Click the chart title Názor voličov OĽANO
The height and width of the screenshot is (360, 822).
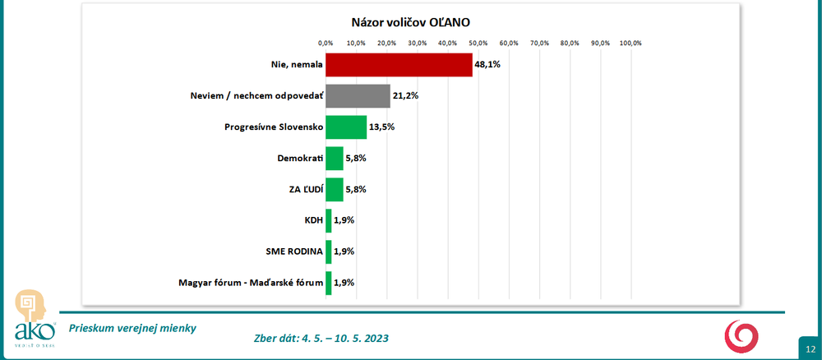[x=411, y=21]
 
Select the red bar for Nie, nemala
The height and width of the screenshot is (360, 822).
[x=399, y=65]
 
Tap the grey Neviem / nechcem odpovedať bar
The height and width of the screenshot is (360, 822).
[x=358, y=96]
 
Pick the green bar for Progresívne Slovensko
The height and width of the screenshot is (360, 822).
[x=346, y=127]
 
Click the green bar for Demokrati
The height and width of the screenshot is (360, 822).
[x=335, y=158]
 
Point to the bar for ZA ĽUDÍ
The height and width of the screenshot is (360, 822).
[x=335, y=189]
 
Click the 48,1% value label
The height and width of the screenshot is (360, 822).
[x=487, y=65]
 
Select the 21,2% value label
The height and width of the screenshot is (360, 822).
[x=406, y=96]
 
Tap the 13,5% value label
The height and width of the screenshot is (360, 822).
[x=382, y=127]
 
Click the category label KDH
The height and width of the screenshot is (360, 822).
[x=313, y=220]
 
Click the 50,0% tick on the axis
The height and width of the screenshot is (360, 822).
[x=478, y=43]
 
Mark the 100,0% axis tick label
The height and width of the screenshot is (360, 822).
[x=630, y=43]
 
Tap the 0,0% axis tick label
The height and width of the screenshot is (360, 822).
[x=326, y=43]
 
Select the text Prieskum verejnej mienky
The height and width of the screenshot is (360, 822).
[x=132, y=328]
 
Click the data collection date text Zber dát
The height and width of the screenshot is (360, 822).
[x=322, y=339]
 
